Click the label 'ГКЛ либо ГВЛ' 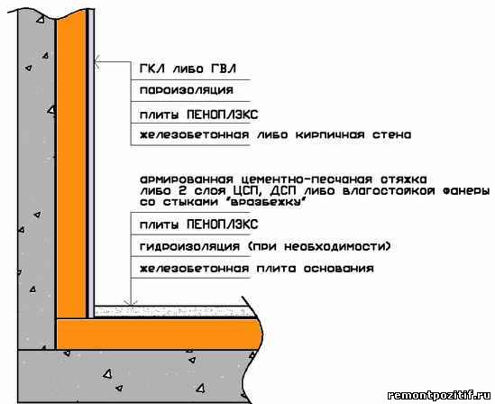[188, 69]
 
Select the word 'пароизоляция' [187, 90]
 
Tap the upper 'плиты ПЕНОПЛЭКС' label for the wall [199, 115]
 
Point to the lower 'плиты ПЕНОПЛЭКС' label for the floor [199, 225]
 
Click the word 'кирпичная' [330, 135]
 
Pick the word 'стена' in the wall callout [392, 135]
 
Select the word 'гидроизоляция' [189, 246]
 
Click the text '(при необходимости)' [319, 246]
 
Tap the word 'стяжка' [404, 179]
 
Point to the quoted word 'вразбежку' [265, 202]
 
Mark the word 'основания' [339, 269]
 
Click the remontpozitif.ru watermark [439, 395]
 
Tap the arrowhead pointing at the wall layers [97, 61]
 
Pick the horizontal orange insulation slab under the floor [160, 335]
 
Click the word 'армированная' [187, 179]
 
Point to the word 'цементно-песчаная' [307, 179]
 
